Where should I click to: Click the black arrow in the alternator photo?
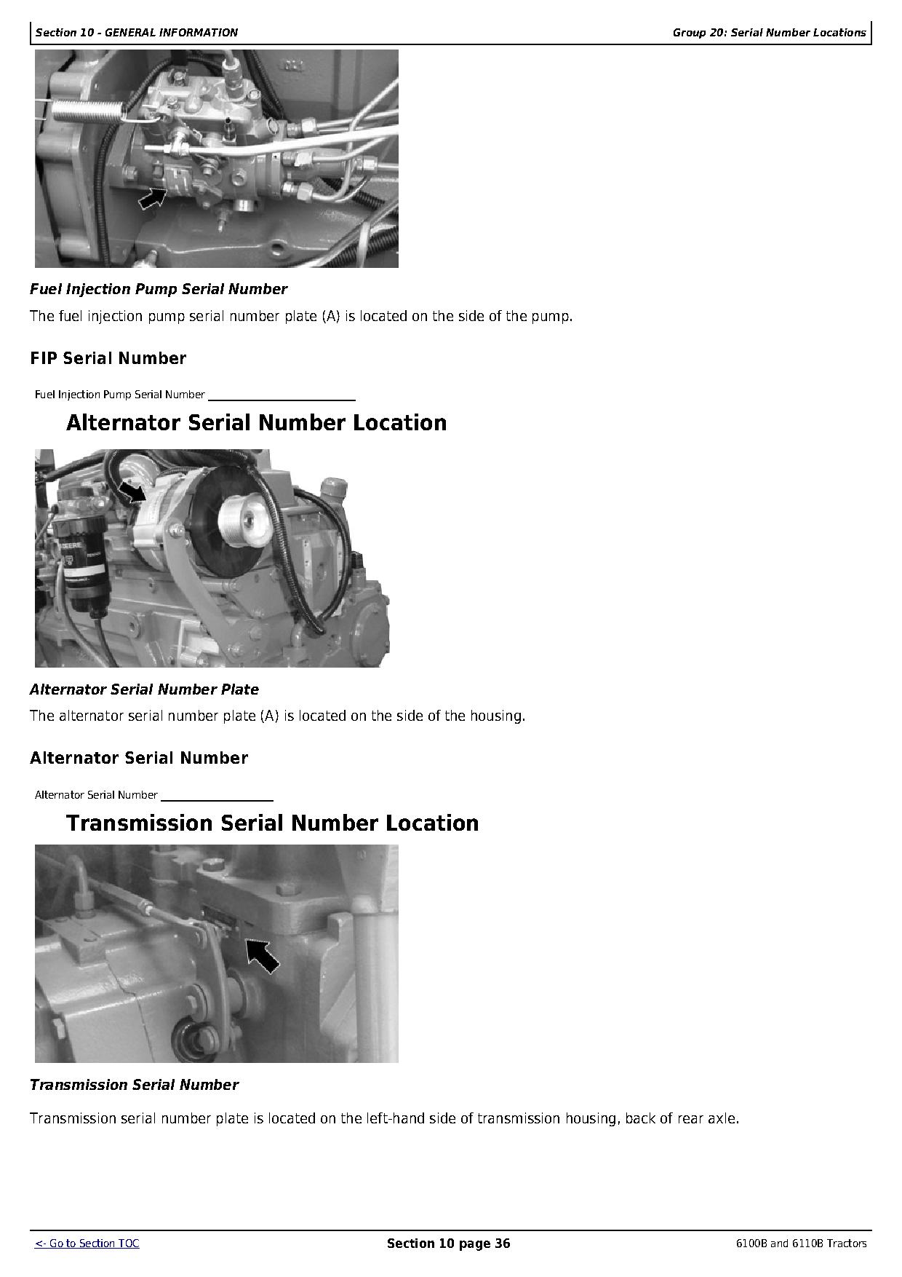click(132, 491)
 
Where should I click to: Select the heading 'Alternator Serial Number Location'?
click(256, 423)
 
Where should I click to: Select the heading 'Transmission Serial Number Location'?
click(272, 823)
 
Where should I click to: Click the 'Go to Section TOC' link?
click(87, 1244)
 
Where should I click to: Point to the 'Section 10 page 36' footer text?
click(448, 1244)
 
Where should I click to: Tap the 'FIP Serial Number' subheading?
click(108, 358)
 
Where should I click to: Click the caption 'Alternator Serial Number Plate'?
click(144, 689)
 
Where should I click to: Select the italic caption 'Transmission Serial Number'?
click(134, 1085)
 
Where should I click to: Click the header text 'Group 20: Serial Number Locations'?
click(769, 33)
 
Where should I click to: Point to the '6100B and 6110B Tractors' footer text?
click(801, 1244)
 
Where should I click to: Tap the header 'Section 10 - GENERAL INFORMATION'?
click(136, 33)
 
